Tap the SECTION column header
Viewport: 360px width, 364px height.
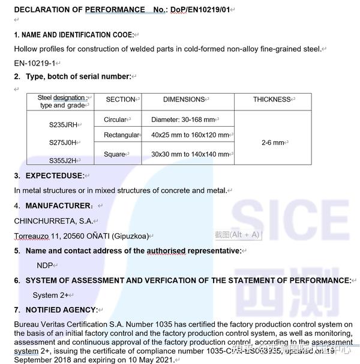click(120, 99)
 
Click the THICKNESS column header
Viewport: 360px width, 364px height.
click(271, 99)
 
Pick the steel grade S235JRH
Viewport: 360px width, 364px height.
click(63, 125)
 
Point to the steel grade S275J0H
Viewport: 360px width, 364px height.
click(63, 142)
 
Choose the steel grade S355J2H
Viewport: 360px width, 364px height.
click(63, 160)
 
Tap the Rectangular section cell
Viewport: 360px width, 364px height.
click(121, 135)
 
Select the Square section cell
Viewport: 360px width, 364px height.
click(114, 154)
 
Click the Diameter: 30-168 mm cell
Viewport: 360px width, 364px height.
click(183, 120)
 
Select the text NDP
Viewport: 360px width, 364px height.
click(44, 265)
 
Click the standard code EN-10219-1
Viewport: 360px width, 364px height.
click(34, 62)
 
